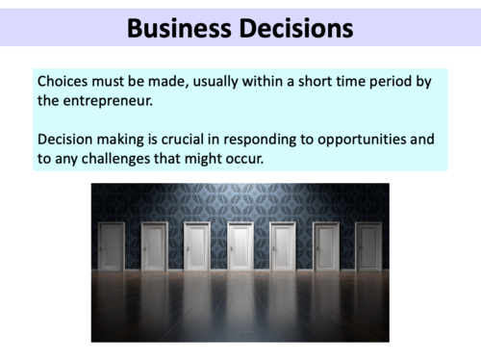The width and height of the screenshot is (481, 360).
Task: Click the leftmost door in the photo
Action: point(112,246)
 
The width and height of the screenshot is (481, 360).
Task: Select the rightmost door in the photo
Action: point(367,246)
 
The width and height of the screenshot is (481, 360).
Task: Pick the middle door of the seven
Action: point(240,246)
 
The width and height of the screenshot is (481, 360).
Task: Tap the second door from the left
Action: point(154,246)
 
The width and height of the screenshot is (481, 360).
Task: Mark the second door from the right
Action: point(325,246)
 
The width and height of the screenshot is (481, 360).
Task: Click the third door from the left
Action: point(197,246)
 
